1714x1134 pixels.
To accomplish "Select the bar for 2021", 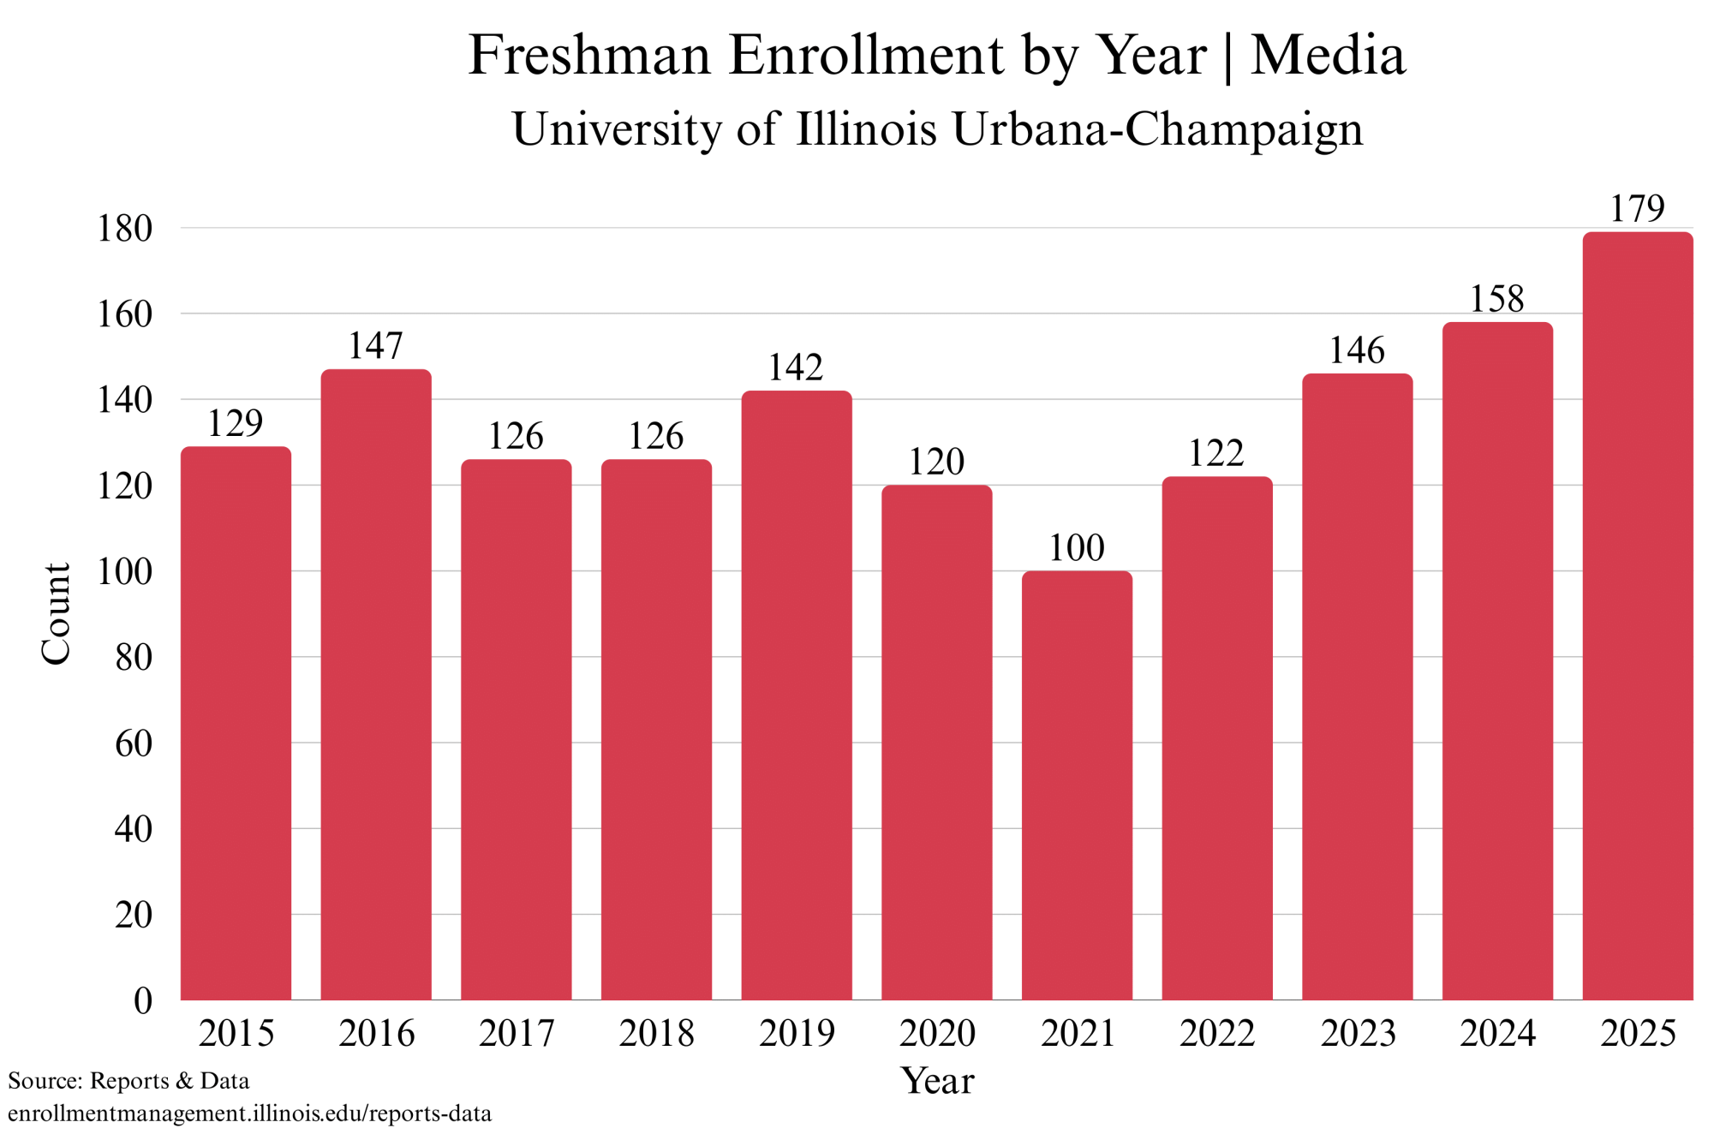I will click(x=1077, y=785).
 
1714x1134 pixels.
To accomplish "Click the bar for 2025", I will click(x=1638, y=616).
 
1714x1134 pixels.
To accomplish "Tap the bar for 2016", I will click(x=376, y=684).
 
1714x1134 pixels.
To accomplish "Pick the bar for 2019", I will click(x=797, y=695).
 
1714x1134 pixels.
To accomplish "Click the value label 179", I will click(x=1638, y=209).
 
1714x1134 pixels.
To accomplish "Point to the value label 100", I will click(x=1077, y=548).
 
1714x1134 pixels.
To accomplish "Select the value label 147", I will click(x=376, y=346).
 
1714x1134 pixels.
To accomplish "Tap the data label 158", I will click(x=1497, y=299).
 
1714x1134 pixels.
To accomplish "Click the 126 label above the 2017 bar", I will click(x=516, y=437).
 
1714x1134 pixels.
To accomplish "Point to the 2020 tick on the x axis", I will click(x=937, y=1033).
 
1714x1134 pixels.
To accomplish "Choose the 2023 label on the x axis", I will click(x=1358, y=1033).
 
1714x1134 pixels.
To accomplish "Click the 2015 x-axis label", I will click(x=236, y=1033).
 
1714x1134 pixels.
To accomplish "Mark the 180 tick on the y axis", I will click(x=125, y=229).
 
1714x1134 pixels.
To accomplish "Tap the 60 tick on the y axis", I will click(x=134, y=743).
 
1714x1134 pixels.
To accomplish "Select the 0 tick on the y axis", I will click(x=143, y=1000).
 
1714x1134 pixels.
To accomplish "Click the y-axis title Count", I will click(x=57, y=613).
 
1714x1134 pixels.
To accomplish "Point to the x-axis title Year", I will click(x=937, y=1081).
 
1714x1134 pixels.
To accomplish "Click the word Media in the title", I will click(x=1329, y=56).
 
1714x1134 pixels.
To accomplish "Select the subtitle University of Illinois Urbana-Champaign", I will click(x=937, y=129).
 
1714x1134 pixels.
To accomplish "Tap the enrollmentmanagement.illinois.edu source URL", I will click(x=250, y=1113).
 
